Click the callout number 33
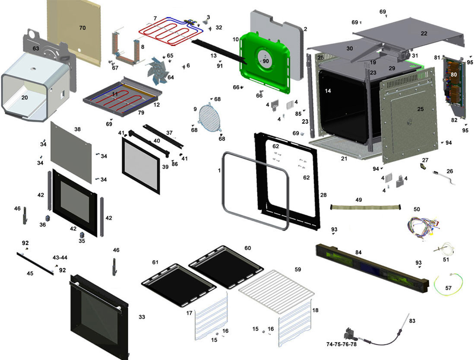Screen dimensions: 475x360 pyautogui.click(x=142, y=317)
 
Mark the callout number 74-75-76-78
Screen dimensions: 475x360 pyautogui.click(x=342, y=344)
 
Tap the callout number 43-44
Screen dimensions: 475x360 pyautogui.click(x=60, y=258)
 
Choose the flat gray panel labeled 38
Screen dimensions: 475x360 pyautogui.click(x=71, y=152)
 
